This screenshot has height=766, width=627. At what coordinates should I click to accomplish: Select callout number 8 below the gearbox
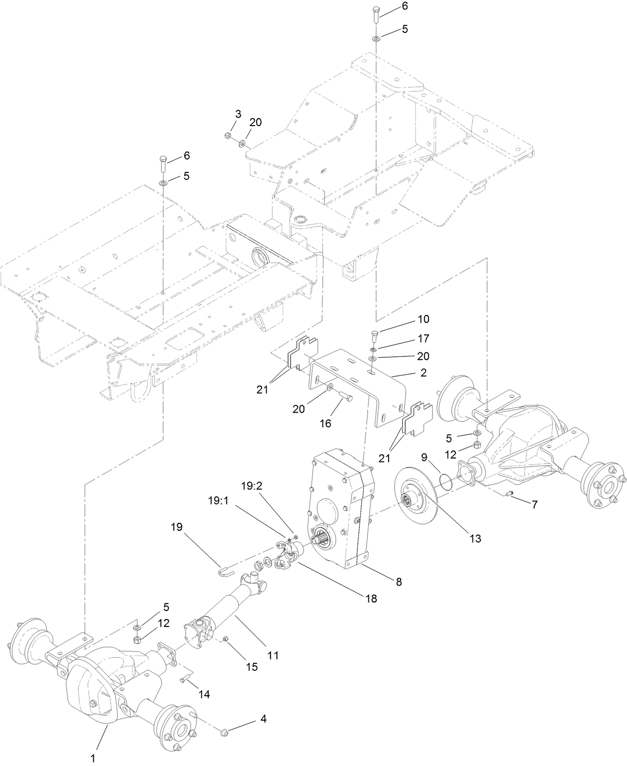point(399,581)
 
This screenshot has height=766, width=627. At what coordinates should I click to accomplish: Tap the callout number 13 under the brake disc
point(475,538)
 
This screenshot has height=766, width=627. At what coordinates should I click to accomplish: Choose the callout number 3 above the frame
point(238,114)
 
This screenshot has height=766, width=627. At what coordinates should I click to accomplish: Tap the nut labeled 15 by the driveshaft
point(225,638)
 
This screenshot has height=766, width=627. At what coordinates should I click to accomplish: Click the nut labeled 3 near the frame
point(227,135)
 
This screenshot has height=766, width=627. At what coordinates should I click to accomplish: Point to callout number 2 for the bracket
point(423,372)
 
